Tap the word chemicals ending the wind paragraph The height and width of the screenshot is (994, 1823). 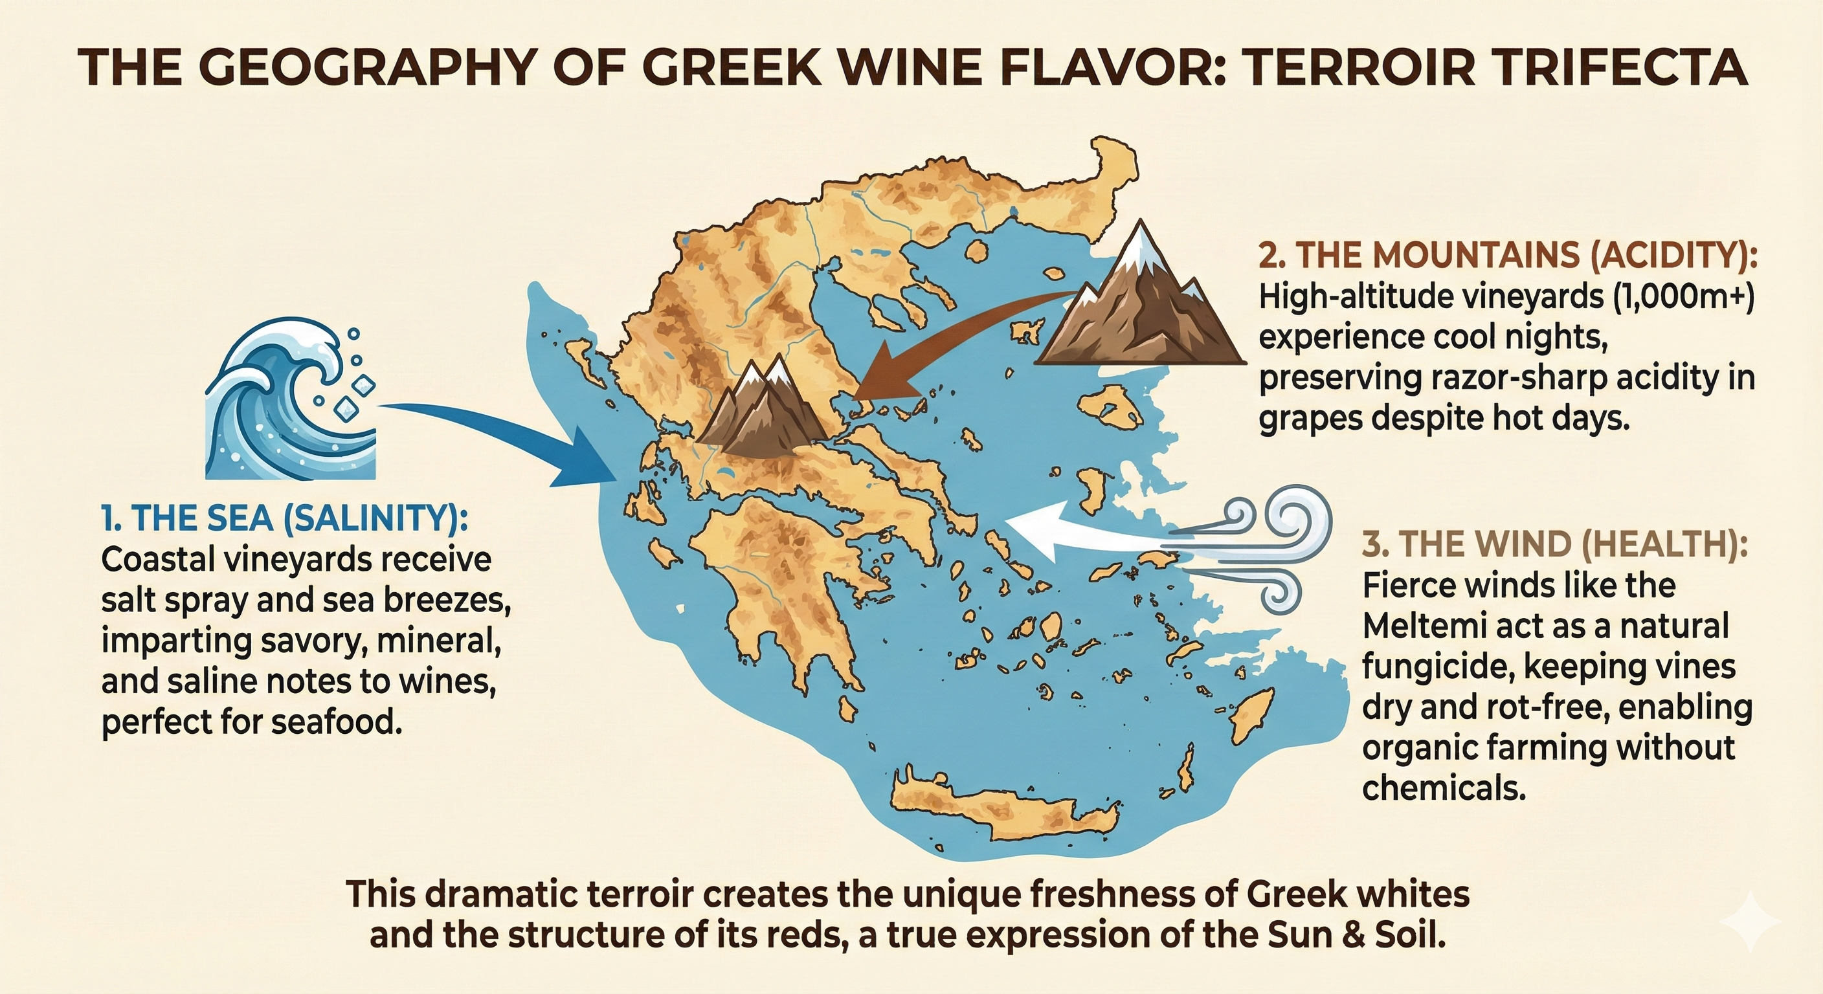coord(1443,788)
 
